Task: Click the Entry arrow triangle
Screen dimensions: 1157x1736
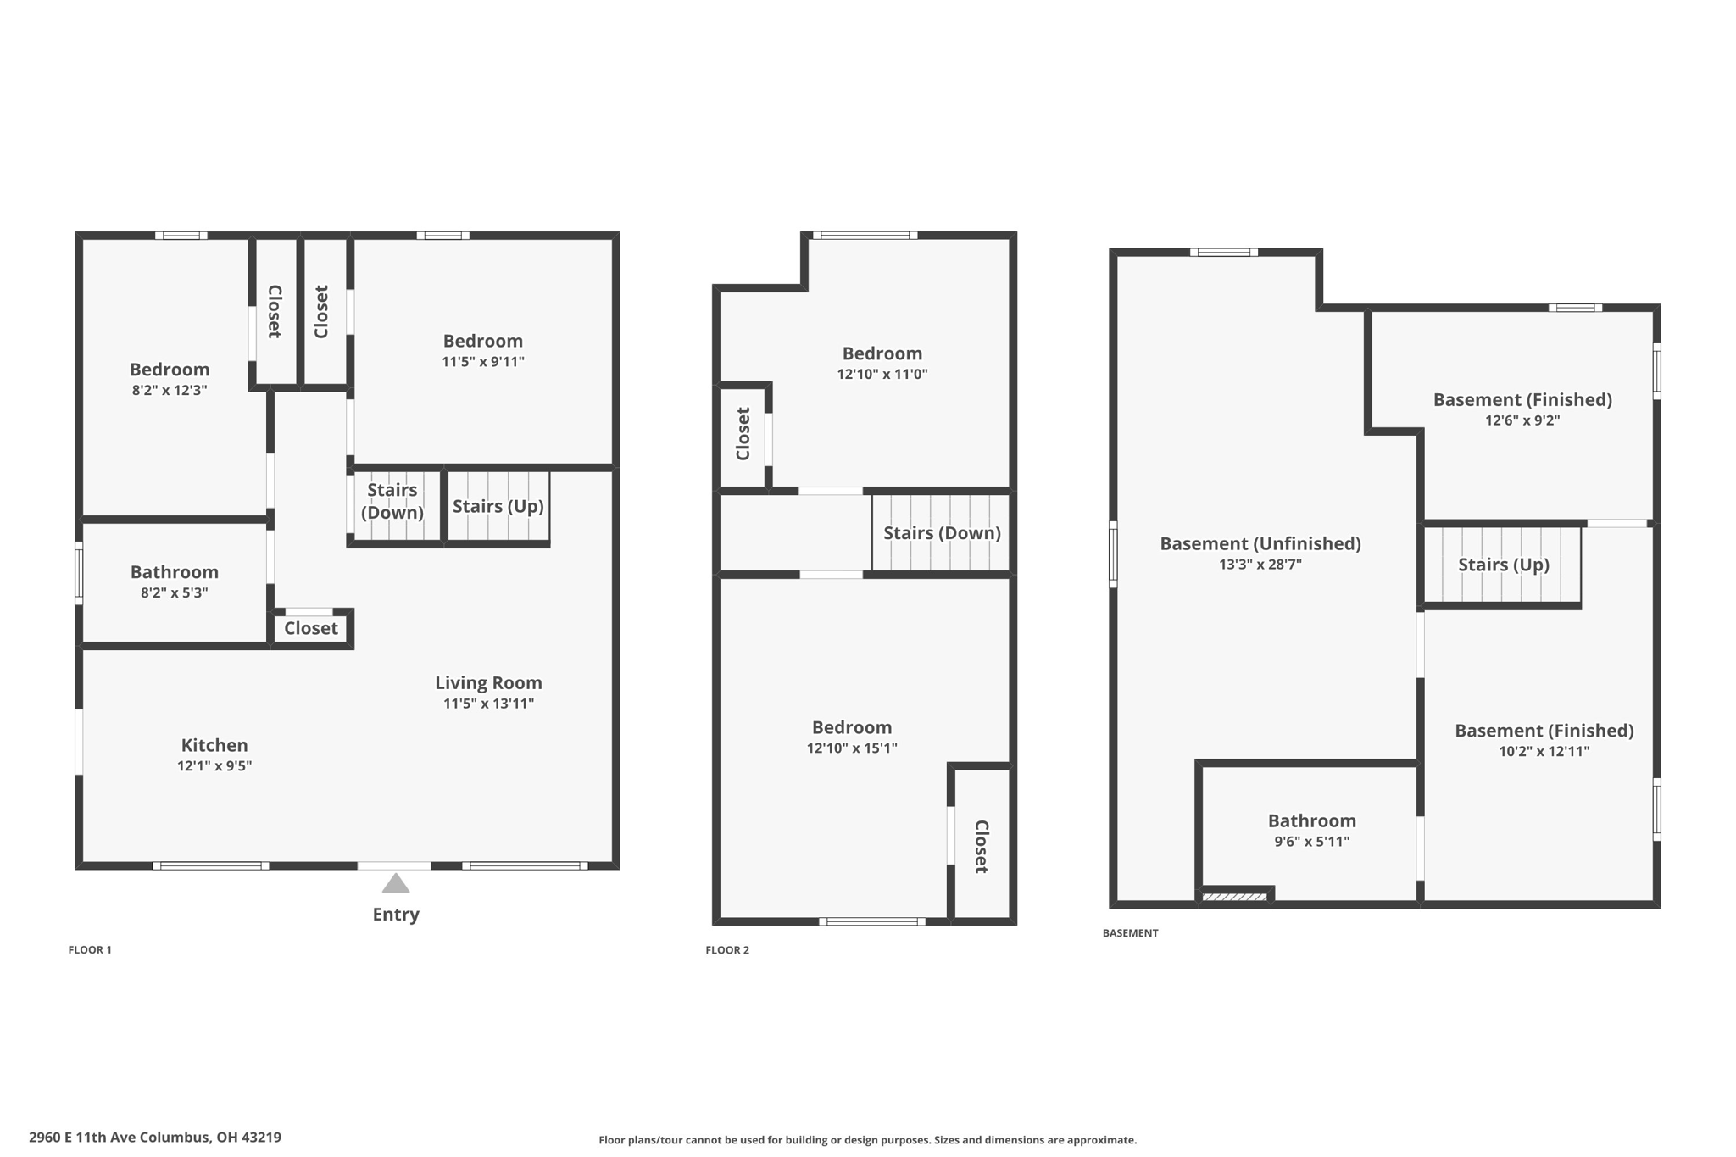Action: click(x=396, y=884)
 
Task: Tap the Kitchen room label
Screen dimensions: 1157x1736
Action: click(x=214, y=745)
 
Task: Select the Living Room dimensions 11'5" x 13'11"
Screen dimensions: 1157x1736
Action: click(x=488, y=704)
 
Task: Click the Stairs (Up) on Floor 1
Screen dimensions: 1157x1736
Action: click(x=498, y=506)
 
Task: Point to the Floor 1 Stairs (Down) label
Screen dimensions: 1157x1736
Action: click(x=392, y=501)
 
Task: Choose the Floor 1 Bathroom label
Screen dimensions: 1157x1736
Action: click(x=174, y=572)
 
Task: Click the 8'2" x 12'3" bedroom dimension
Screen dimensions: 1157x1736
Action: click(x=170, y=390)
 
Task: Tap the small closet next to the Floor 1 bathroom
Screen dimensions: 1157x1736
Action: click(x=310, y=628)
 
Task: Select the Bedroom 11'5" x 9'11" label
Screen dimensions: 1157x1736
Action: click(x=482, y=341)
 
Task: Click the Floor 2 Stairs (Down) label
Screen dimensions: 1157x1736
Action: click(x=942, y=533)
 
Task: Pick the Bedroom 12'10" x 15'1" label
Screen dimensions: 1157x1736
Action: click(x=851, y=727)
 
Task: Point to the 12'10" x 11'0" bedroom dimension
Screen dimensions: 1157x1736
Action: click(x=882, y=374)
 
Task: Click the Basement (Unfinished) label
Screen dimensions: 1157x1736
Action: click(x=1260, y=543)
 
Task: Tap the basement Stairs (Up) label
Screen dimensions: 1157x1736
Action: click(x=1503, y=565)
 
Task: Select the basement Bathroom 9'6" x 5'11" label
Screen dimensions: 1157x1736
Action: click(x=1311, y=820)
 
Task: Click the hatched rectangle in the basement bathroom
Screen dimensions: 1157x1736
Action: click(x=1234, y=897)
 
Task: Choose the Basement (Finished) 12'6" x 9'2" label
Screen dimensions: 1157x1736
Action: click(x=1522, y=399)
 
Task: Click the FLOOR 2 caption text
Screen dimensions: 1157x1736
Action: click(x=726, y=950)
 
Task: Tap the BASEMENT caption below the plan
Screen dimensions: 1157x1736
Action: click(x=1129, y=933)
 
